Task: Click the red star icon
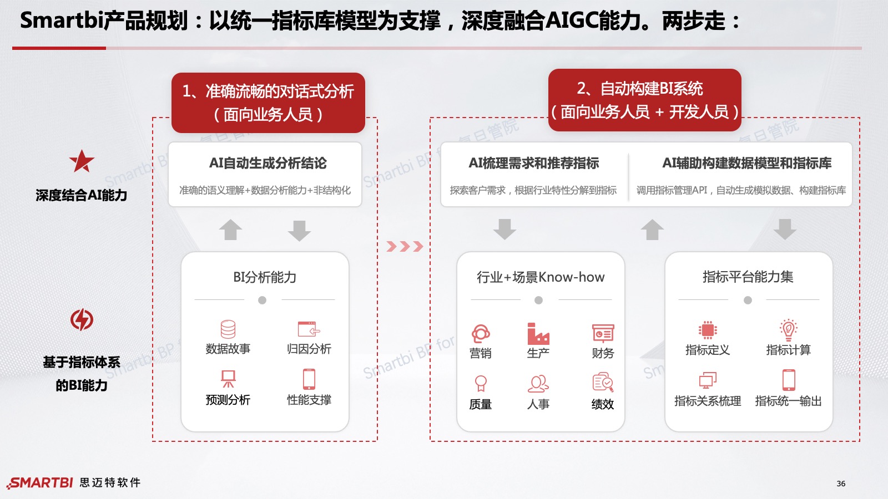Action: click(82, 161)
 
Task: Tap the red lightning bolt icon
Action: click(82, 319)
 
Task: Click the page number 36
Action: click(841, 483)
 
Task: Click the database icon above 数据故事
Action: click(228, 329)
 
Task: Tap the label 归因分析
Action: click(309, 349)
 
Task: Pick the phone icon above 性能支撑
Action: click(309, 379)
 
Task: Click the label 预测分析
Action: click(228, 400)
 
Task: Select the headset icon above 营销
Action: click(481, 333)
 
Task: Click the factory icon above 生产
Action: click(538, 333)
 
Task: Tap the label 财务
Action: click(603, 353)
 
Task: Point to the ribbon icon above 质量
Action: click(481, 383)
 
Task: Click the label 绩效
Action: click(603, 404)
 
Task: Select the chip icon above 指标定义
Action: click(708, 330)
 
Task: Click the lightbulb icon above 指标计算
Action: click(789, 329)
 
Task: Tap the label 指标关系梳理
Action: click(708, 401)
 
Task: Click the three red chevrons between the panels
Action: click(405, 246)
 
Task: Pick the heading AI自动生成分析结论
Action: click(268, 163)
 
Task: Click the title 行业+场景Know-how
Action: click(541, 277)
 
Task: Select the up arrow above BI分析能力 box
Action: click(230, 230)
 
